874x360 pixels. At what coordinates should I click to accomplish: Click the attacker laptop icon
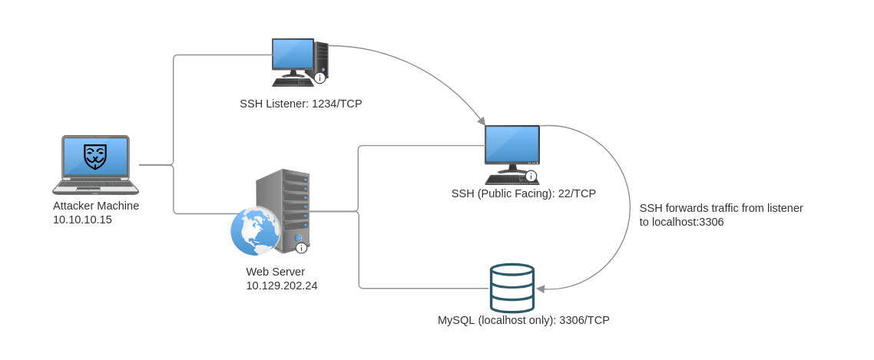(95, 164)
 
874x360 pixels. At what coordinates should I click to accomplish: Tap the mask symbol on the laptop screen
(95, 157)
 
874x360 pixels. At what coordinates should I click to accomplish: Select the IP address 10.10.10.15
(82, 220)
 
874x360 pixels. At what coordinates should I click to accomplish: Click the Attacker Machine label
(96, 206)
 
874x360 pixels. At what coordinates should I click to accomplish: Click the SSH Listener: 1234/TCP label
(300, 104)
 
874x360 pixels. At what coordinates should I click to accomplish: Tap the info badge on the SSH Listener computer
(320, 78)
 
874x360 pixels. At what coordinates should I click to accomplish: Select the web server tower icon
(283, 210)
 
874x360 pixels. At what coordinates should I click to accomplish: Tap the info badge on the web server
(301, 248)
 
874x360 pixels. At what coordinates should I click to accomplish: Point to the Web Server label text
(275, 272)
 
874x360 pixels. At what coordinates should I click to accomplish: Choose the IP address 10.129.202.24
(281, 286)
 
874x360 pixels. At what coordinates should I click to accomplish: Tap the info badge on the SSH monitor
(531, 176)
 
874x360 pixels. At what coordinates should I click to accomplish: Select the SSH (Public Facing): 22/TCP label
(523, 193)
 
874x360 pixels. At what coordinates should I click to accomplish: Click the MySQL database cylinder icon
(512, 288)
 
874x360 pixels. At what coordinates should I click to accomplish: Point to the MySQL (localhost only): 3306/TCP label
(523, 320)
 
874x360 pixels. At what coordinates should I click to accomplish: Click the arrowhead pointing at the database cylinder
(540, 289)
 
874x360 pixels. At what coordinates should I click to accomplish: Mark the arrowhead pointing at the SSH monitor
(482, 121)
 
